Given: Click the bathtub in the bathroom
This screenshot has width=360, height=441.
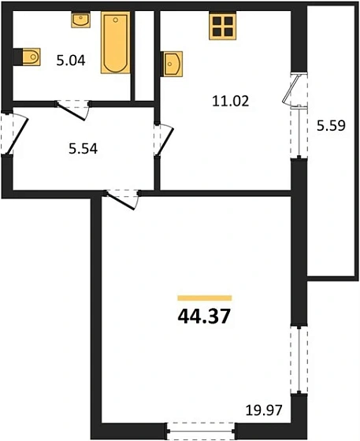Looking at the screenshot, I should tap(116, 43).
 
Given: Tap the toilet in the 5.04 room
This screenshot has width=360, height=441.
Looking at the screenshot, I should tap(29, 57).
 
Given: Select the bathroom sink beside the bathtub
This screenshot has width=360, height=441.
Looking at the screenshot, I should tap(80, 19).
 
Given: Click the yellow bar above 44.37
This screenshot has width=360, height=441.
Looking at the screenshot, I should tap(205, 298).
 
